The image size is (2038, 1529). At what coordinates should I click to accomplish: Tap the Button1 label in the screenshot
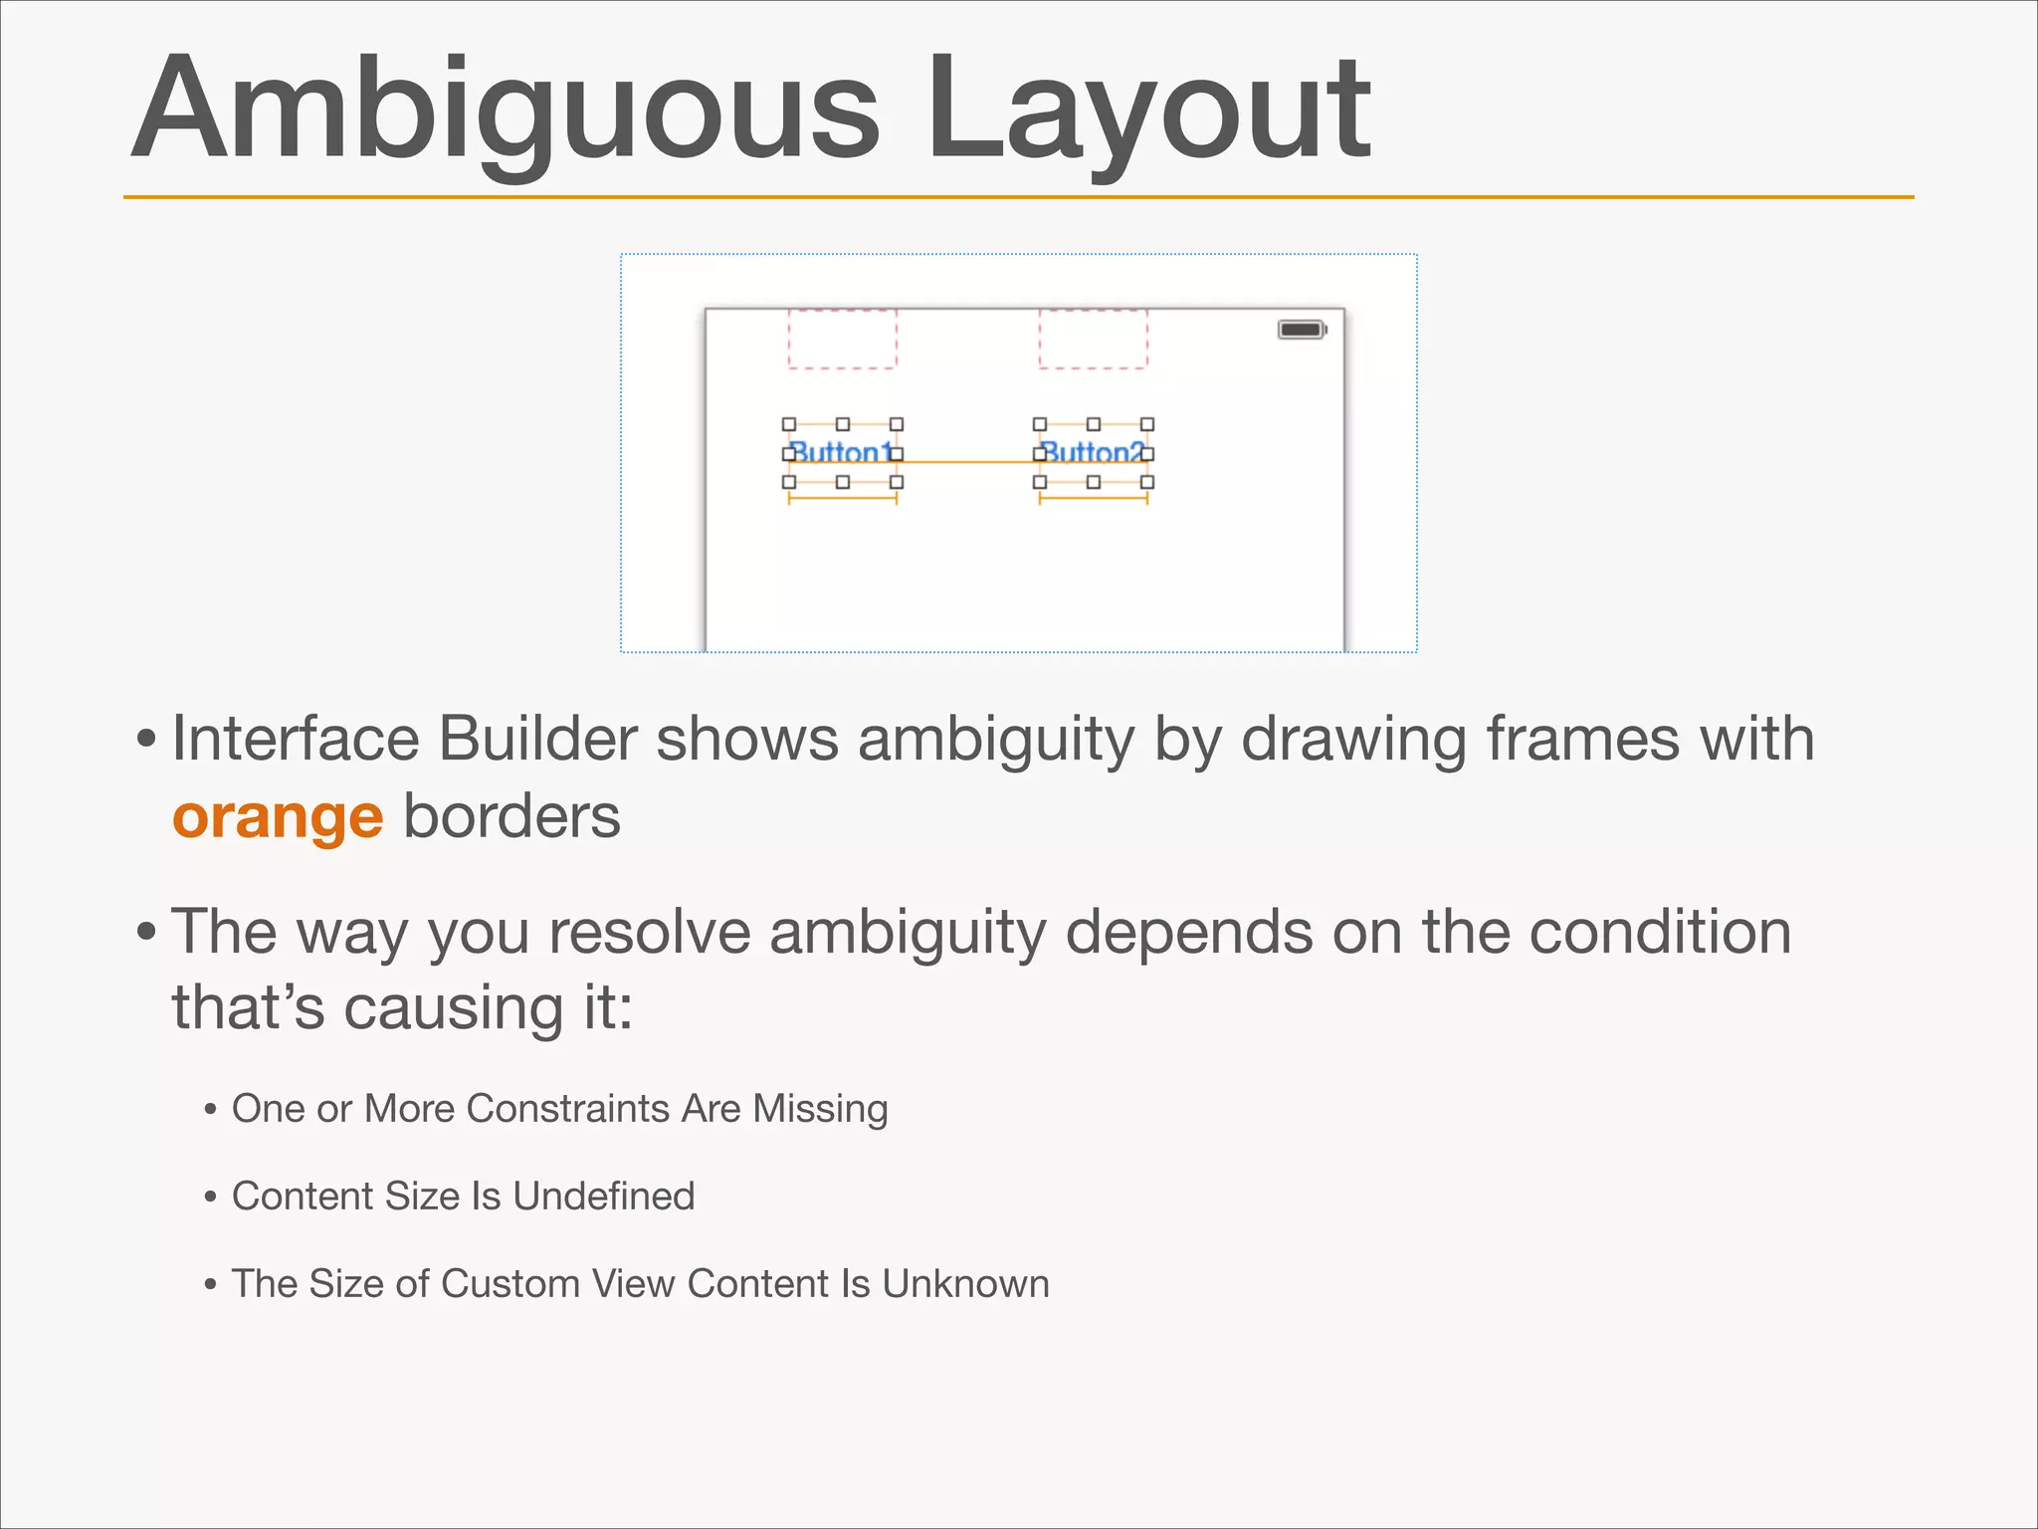[x=842, y=453]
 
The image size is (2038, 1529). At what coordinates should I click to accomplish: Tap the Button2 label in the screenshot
[x=1093, y=453]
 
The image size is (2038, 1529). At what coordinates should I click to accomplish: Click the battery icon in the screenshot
[x=1302, y=329]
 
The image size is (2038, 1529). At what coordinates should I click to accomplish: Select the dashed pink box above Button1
[x=842, y=338]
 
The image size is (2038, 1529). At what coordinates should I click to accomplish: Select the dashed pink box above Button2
[x=1093, y=338]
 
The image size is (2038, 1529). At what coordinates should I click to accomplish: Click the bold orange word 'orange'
[x=277, y=817]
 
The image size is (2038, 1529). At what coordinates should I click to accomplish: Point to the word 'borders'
[x=511, y=817]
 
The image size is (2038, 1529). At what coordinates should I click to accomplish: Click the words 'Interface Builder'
[x=404, y=740]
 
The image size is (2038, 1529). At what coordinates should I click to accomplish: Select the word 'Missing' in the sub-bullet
[x=820, y=1108]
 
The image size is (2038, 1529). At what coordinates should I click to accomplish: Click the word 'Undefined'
[x=603, y=1196]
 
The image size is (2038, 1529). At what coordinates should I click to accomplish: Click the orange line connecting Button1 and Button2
[x=967, y=462]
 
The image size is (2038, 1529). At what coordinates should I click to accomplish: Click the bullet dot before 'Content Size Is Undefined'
[x=210, y=1197]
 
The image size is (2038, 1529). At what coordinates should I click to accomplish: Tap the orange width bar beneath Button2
[x=1093, y=498]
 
